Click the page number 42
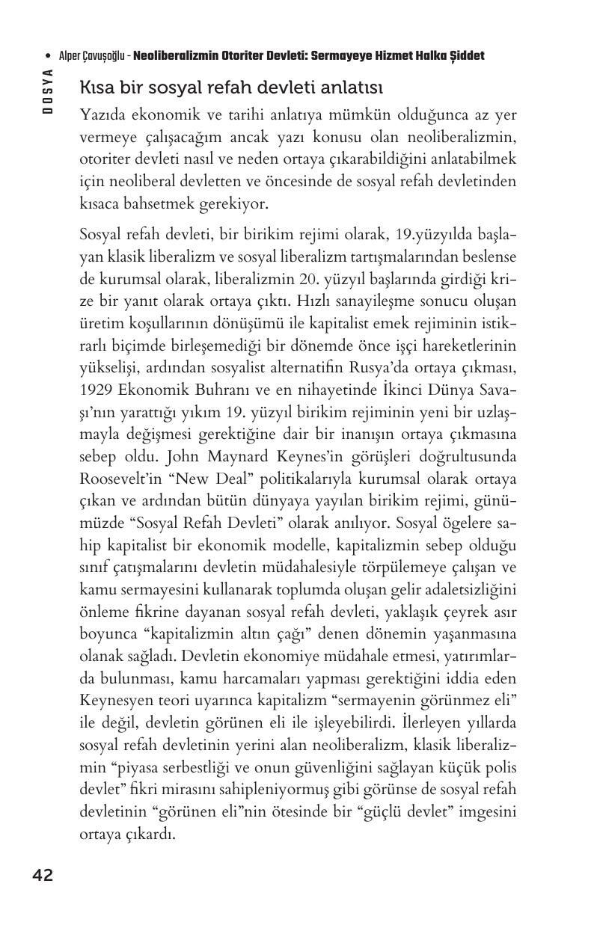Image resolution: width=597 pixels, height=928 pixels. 43,876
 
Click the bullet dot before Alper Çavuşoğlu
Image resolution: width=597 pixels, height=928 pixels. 48,56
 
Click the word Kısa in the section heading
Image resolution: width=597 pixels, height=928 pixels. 95,88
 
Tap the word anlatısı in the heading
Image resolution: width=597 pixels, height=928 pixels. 352,88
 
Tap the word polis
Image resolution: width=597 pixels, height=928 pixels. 500,767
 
